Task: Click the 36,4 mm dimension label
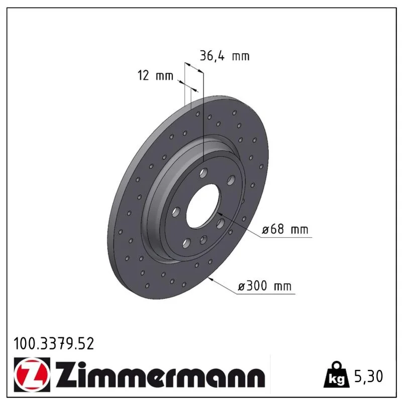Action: (x=224, y=56)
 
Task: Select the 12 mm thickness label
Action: (x=155, y=76)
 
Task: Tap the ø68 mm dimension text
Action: (x=285, y=229)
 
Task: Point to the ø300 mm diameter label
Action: (x=265, y=286)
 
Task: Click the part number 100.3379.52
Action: (x=54, y=344)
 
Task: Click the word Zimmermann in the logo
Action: (x=160, y=375)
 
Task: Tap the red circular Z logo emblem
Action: (x=32, y=375)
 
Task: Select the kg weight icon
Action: (x=336, y=375)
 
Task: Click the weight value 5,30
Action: (x=368, y=376)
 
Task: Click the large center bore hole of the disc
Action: (x=203, y=206)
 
